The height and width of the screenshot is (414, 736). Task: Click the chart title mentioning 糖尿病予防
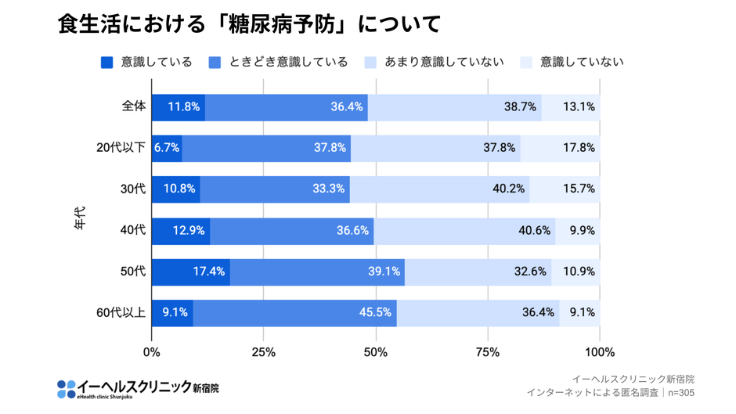coord(249,23)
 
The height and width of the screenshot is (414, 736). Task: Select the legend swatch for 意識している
coord(107,63)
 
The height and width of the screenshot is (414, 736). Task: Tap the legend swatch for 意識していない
coord(526,63)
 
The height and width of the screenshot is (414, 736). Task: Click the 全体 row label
coord(133,106)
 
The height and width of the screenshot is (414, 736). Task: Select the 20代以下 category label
coord(121,147)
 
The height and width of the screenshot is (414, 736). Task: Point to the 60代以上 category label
coord(121,312)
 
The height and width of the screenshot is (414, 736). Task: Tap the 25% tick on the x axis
coord(264,352)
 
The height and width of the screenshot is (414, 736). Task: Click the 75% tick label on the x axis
coord(488,352)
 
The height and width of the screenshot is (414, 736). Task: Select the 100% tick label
coord(600,352)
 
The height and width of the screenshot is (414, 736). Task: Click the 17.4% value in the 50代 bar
coord(209,272)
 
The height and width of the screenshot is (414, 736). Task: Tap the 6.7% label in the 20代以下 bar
coord(167,148)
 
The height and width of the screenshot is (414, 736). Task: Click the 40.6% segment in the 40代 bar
coord(464,231)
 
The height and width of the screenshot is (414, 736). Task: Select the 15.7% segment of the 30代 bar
coord(565,189)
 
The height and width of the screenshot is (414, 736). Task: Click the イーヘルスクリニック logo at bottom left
coord(138,388)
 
